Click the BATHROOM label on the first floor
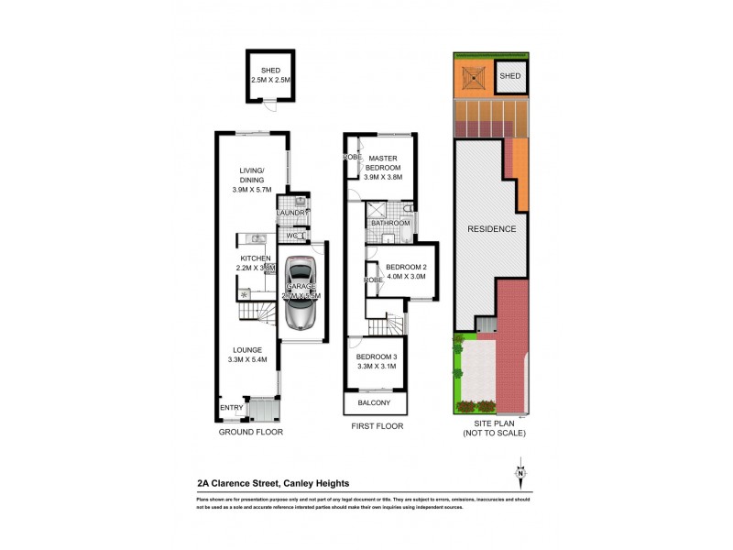(388, 223)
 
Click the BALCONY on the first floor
(376, 404)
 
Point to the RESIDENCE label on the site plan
(491, 229)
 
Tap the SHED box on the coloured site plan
(511, 77)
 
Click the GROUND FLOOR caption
(250, 431)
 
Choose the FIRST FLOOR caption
(377, 426)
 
